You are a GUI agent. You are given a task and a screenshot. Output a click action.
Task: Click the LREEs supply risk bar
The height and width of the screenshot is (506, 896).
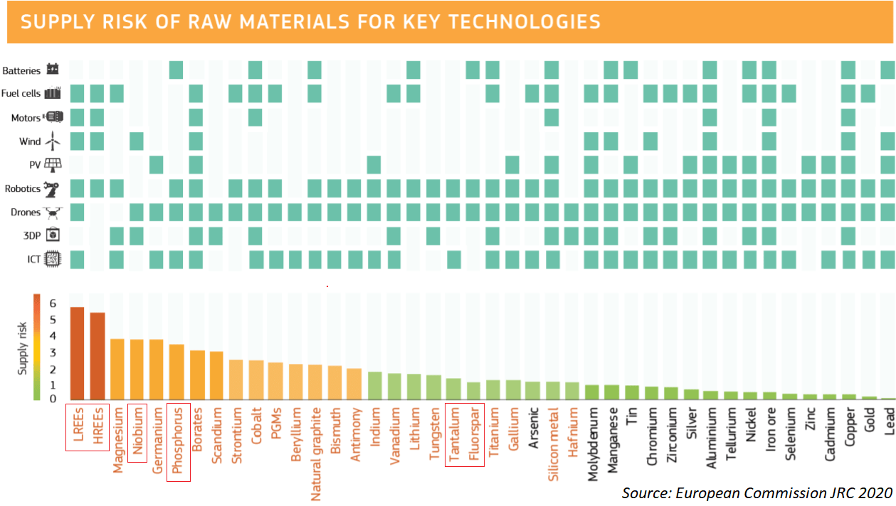[x=78, y=353]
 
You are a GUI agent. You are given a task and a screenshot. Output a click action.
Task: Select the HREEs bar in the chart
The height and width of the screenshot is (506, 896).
[x=97, y=356]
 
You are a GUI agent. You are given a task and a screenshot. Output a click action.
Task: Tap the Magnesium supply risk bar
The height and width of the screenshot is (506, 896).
[x=117, y=370]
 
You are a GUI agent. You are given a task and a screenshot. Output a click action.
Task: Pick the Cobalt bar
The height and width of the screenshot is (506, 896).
[x=255, y=380]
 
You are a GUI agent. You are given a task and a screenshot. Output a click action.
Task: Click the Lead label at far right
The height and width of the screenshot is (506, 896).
[x=887, y=420]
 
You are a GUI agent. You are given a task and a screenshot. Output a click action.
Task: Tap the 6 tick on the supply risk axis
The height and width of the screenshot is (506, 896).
[x=52, y=303]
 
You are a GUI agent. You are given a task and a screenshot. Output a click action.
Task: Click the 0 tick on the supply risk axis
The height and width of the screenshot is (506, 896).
[x=52, y=399]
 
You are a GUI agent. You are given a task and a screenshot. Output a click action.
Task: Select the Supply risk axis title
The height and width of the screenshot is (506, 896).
[x=23, y=348]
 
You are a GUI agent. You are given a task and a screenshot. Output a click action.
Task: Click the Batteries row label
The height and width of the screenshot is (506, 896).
[x=21, y=71]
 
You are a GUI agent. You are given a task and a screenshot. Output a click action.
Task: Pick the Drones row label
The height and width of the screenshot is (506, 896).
[x=26, y=212]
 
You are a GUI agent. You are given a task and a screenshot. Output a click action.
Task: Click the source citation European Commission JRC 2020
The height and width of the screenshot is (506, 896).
[x=757, y=492]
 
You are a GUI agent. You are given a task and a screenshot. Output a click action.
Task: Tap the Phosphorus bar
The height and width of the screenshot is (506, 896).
[x=176, y=372]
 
